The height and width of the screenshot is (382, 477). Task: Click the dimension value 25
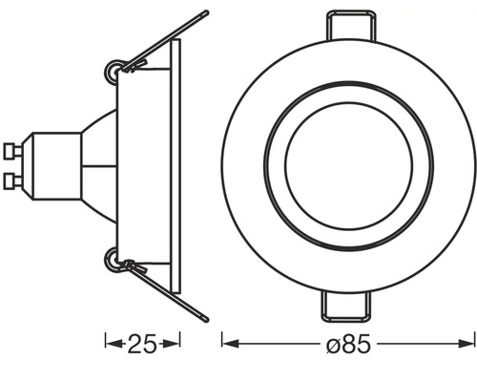pos(142,341)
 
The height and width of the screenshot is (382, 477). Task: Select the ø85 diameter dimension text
pos(347,341)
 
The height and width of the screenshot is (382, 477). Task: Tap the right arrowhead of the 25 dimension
pos(176,341)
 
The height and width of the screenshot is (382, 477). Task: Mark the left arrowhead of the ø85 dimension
pos(227,341)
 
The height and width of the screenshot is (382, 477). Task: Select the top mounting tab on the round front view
pos(348,24)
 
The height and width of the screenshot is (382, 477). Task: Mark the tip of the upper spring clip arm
pos(206,13)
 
